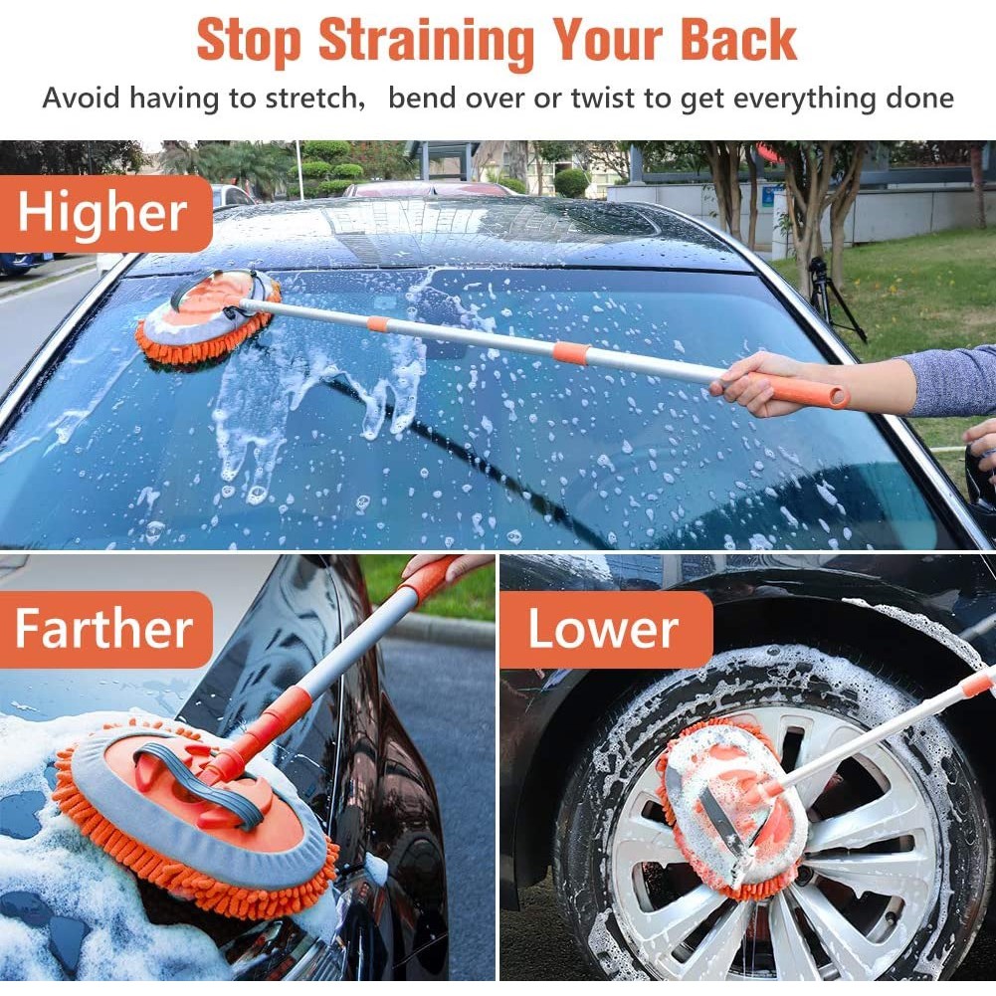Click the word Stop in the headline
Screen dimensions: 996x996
click(249, 41)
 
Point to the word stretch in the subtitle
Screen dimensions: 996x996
click(315, 99)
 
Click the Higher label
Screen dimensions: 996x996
click(102, 213)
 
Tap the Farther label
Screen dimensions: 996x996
click(102, 629)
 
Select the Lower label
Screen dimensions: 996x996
click(603, 629)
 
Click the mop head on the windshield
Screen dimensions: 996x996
click(208, 317)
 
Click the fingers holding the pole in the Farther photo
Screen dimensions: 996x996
click(454, 565)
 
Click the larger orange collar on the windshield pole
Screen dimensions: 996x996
click(571, 352)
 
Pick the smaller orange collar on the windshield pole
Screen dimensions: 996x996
click(377, 324)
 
